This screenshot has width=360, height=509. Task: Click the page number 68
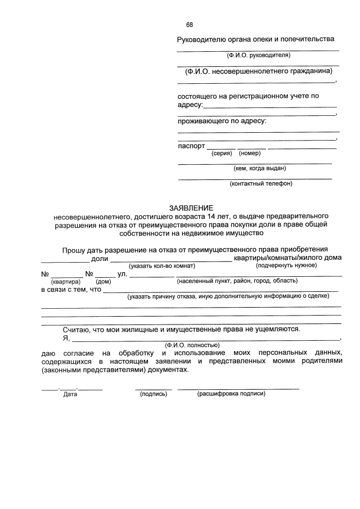(190, 25)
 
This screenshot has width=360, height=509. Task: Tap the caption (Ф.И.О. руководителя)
(258, 56)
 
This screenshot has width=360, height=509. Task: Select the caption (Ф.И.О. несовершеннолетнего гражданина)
(258, 71)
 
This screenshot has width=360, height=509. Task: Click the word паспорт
(191, 145)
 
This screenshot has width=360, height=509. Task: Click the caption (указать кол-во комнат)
(162, 265)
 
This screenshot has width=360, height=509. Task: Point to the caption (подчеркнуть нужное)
(286, 265)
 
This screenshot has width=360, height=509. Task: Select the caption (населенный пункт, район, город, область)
(237, 281)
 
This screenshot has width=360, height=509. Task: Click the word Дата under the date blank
(70, 394)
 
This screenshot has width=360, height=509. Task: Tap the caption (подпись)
(154, 394)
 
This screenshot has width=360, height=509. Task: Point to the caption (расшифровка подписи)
(231, 394)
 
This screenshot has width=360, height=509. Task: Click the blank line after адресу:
(269, 106)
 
